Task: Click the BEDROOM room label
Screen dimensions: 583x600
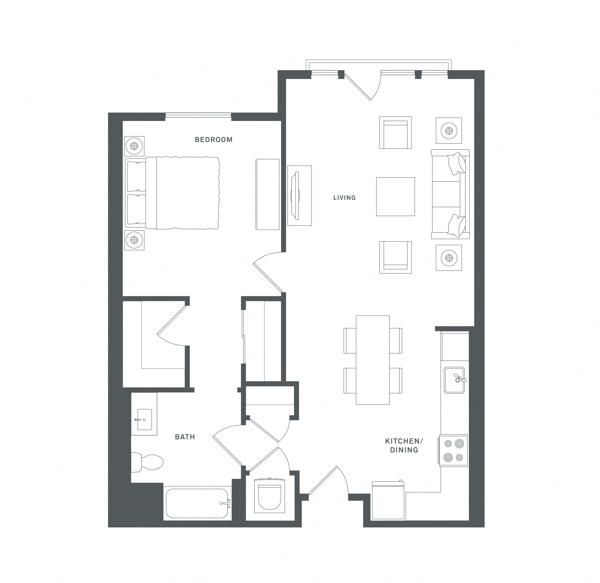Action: (213, 140)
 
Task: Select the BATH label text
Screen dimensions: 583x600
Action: (185, 437)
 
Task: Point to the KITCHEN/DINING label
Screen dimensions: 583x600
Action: (404, 446)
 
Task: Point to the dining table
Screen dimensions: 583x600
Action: (372, 360)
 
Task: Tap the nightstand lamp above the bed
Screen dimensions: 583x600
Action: (134, 146)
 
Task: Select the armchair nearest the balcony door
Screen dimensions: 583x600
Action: (395, 133)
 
